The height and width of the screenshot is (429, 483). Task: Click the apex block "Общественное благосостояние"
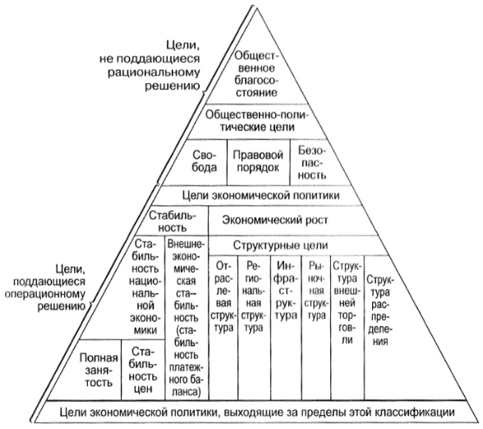(256, 74)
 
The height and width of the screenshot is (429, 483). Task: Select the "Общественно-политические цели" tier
(257, 121)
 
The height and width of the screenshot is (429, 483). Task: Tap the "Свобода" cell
(205, 161)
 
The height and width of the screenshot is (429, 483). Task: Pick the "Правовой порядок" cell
(258, 161)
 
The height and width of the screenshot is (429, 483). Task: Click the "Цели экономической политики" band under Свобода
(260, 196)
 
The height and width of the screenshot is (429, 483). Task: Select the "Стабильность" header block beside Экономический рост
(172, 221)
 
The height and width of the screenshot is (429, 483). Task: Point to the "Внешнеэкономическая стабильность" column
(186, 318)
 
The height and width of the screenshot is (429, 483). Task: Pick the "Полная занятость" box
(99, 370)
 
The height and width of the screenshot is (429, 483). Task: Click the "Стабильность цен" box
(143, 370)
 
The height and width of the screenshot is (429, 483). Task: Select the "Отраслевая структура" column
(223, 327)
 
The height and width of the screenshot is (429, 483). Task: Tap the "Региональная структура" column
(255, 327)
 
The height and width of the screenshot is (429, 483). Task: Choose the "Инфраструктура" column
(286, 327)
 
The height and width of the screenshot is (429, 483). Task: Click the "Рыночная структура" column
(316, 327)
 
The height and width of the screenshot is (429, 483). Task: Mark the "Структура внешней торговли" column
(347, 327)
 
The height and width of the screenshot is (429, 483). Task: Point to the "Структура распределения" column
(401, 327)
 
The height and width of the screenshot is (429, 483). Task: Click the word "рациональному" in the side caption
(154, 72)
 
